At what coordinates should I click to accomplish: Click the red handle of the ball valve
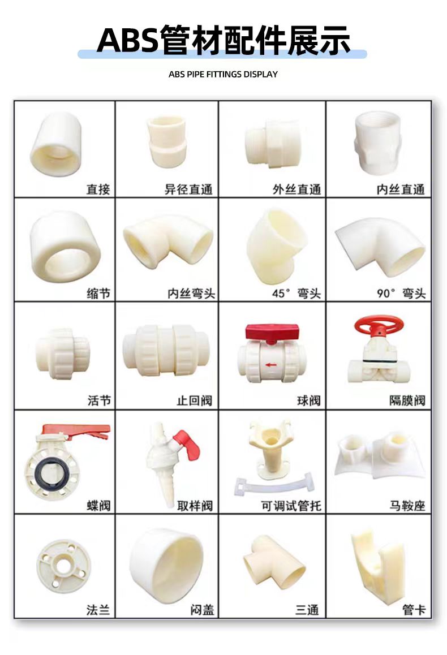pyautogui.click(x=272, y=332)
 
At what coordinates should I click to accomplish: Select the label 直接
pyautogui.click(x=98, y=189)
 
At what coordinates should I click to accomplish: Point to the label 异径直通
pyautogui.click(x=188, y=189)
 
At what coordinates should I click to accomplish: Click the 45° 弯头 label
pyautogui.click(x=296, y=293)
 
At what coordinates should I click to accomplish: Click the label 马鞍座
pyautogui.click(x=407, y=506)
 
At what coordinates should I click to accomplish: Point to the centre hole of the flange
pyautogui.click(x=63, y=566)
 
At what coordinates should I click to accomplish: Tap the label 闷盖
pyautogui.click(x=202, y=610)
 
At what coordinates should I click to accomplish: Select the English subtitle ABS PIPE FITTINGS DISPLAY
pyautogui.click(x=223, y=74)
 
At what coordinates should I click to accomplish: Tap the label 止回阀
pyautogui.click(x=194, y=400)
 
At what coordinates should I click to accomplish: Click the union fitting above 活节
pyautogui.click(x=63, y=354)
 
